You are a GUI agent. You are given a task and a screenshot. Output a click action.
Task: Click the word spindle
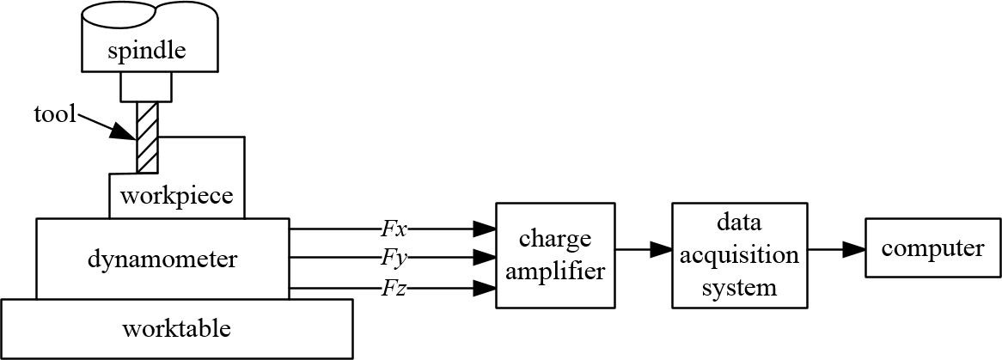point(148,52)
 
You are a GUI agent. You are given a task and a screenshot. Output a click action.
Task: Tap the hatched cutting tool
point(147,137)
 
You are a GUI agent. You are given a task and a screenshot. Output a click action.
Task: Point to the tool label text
point(56,114)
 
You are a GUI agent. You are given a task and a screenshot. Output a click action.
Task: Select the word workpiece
point(176,196)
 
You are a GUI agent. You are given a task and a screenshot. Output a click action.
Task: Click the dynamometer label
point(163,257)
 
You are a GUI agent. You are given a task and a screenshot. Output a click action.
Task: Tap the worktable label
point(176,328)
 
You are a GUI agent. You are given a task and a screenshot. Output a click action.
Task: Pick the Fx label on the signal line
point(394,229)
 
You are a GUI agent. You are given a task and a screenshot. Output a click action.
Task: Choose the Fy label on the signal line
point(394,257)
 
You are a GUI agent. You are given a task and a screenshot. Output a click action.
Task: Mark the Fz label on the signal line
point(394,288)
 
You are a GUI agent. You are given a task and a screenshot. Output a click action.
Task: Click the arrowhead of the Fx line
point(486,229)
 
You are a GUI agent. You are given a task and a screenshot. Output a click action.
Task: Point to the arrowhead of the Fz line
point(486,288)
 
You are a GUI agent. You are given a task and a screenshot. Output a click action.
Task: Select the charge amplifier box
point(555,255)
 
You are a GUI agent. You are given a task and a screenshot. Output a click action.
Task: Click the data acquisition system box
point(739,255)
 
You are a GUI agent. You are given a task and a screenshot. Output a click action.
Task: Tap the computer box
point(932,249)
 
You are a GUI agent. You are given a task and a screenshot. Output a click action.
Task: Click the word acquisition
point(739,255)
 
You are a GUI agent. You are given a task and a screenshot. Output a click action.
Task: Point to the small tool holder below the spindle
point(148,87)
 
